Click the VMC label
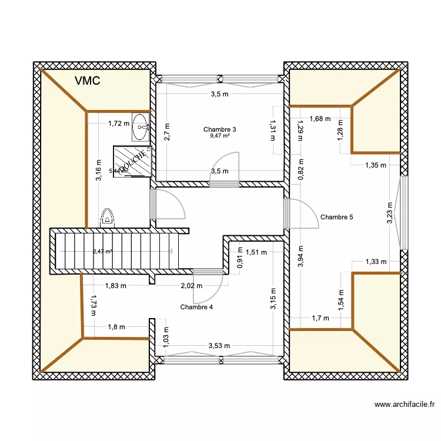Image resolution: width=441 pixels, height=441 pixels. (x=88, y=82)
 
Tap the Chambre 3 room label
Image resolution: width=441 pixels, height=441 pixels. (x=219, y=129)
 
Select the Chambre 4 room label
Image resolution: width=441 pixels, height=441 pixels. (x=196, y=307)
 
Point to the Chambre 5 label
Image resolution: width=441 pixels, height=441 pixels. (x=337, y=217)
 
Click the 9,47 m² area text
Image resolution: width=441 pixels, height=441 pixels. (x=219, y=136)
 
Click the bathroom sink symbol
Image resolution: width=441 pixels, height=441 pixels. (x=141, y=127)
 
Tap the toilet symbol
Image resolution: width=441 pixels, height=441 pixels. (x=108, y=218)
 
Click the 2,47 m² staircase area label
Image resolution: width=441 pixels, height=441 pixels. (x=102, y=252)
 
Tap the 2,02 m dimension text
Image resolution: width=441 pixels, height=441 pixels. (x=191, y=286)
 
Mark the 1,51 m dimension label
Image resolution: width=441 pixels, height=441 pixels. (x=256, y=252)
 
